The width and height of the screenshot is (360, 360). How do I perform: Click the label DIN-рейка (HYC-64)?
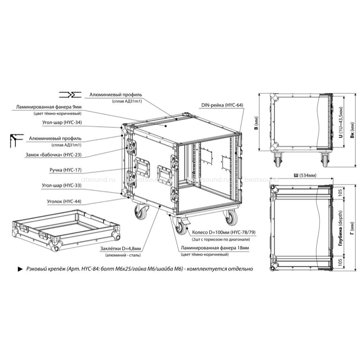(222, 105)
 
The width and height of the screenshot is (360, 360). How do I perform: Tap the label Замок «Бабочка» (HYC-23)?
(53, 155)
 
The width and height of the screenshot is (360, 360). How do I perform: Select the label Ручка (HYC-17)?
(65, 170)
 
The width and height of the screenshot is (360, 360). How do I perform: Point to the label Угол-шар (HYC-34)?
(62, 122)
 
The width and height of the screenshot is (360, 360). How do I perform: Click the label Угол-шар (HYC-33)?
(62, 185)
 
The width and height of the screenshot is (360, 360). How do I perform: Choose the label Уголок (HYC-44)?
(64, 202)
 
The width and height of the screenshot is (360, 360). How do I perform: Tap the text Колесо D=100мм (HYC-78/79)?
(224, 232)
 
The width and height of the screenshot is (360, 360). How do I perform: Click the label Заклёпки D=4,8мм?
(121, 249)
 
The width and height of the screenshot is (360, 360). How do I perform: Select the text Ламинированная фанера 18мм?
(215, 248)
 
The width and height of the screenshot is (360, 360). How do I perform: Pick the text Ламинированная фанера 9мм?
(49, 107)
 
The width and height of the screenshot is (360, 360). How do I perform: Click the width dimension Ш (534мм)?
(305, 175)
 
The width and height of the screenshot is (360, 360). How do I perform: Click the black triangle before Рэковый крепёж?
(20, 269)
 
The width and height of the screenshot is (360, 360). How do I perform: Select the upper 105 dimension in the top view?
(340, 192)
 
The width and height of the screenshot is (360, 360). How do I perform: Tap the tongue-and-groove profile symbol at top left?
(70, 94)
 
